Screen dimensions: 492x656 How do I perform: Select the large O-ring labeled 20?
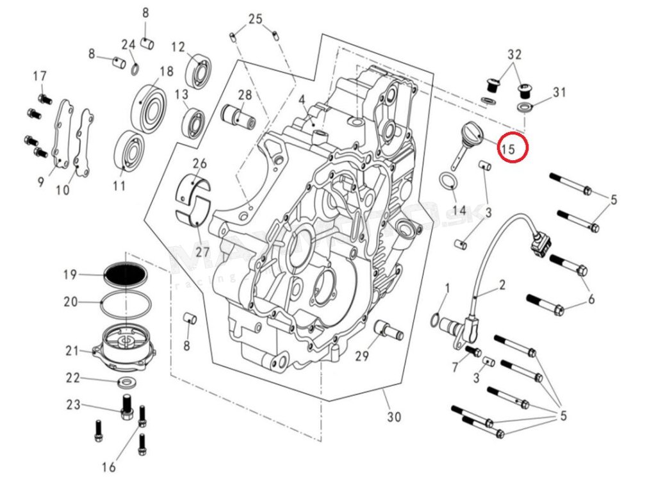click(124, 301)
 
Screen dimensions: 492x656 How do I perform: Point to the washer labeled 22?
click(126, 383)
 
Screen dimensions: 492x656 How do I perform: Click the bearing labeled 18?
click(149, 108)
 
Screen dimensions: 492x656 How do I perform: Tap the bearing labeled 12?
click(199, 70)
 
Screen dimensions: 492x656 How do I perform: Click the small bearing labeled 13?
click(193, 122)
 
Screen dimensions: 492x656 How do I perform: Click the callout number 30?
click(394, 417)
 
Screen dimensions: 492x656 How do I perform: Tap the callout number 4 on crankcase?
click(301, 100)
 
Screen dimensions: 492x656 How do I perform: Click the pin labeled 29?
click(389, 329)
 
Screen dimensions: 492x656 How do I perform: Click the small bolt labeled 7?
click(473, 350)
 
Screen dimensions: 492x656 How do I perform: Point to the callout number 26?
click(199, 163)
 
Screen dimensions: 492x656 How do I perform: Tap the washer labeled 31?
click(524, 106)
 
